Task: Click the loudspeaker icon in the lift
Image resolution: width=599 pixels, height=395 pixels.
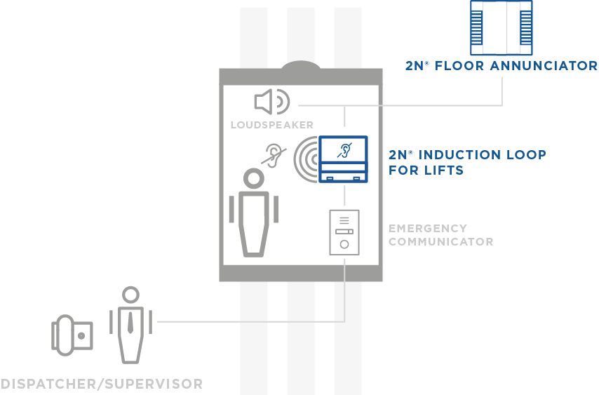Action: pyautogui.click(x=271, y=102)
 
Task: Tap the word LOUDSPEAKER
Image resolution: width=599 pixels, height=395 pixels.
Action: pyautogui.click(x=271, y=126)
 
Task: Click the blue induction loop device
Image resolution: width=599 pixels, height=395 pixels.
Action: pyautogui.click(x=344, y=159)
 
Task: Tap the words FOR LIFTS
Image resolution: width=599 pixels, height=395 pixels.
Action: pyautogui.click(x=426, y=170)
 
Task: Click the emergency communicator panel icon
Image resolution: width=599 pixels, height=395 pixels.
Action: pyautogui.click(x=344, y=232)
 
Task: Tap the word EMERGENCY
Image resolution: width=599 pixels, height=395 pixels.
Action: pyautogui.click(x=427, y=228)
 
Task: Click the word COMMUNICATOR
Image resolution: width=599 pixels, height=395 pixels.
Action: pyautogui.click(x=440, y=242)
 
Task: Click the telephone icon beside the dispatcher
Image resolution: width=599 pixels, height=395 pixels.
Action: pyautogui.click(x=72, y=335)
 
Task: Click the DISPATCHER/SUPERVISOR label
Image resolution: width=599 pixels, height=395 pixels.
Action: pyautogui.click(x=102, y=384)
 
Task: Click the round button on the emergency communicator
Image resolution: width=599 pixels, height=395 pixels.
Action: pyautogui.click(x=344, y=245)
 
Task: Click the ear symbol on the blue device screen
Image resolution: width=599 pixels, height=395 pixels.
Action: pyautogui.click(x=344, y=149)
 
